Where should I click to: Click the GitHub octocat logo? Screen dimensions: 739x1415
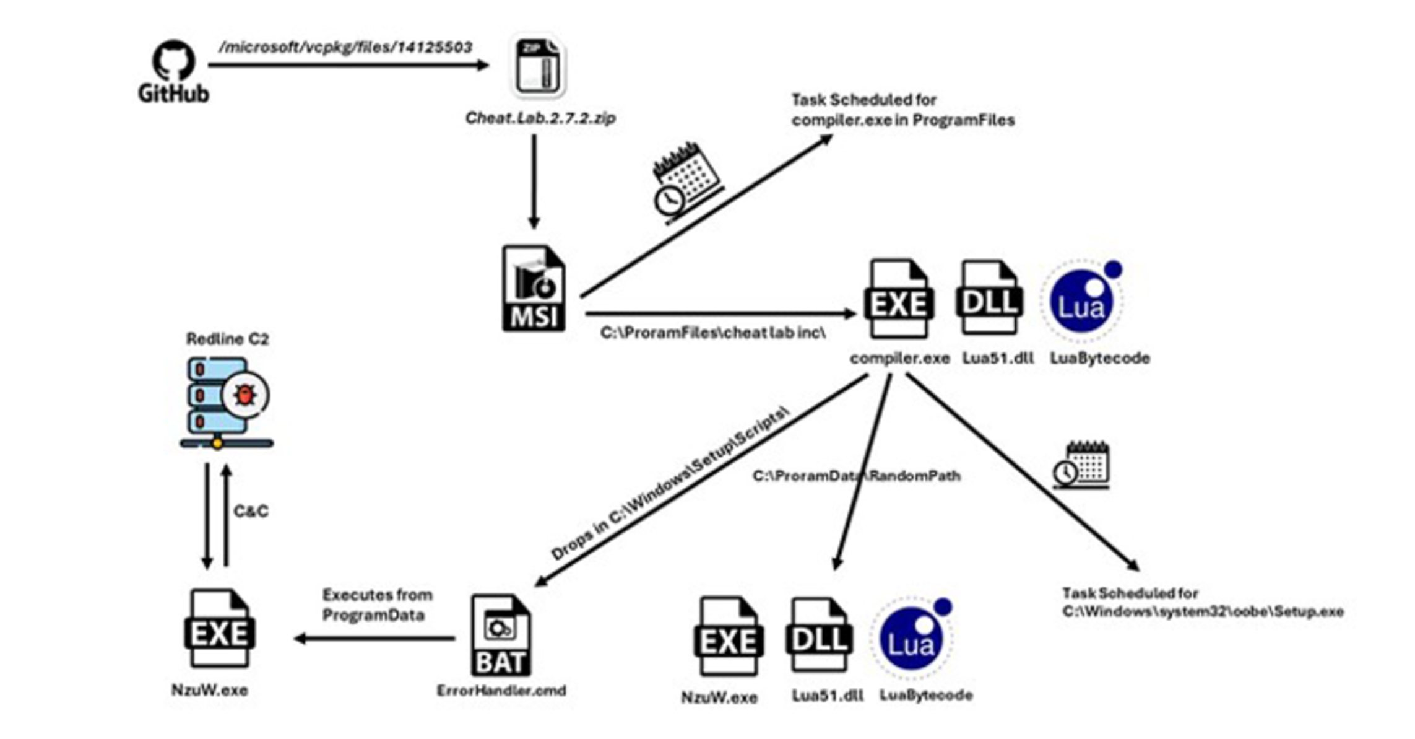click(173, 61)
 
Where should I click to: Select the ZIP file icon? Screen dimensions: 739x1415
click(538, 66)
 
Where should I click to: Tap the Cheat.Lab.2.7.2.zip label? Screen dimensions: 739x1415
click(540, 118)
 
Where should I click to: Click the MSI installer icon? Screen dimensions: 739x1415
click(534, 289)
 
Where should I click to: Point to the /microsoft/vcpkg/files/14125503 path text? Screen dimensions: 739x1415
click(345, 47)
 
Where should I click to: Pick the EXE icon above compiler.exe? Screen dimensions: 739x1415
click(898, 299)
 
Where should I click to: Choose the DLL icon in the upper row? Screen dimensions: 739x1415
click(989, 297)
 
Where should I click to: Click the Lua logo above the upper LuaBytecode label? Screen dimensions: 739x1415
click(1082, 301)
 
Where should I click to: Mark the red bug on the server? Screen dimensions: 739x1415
click(246, 395)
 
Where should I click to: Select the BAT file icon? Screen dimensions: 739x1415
click(501, 636)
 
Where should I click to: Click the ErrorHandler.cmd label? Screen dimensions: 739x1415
click(501, 691)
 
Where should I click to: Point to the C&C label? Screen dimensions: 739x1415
click(251, 511)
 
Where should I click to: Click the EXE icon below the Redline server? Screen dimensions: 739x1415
click(220, 628)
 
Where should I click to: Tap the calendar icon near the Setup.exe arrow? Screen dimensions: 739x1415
click(1081, 465)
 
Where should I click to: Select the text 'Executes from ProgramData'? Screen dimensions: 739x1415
click(377, 605)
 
